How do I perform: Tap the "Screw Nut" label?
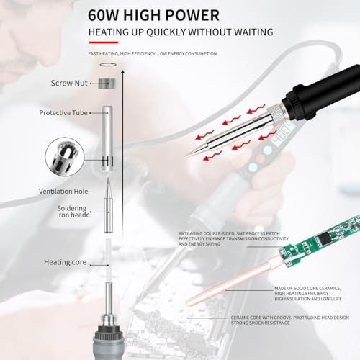click(70, 84)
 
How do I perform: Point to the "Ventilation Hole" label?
click(65, 192)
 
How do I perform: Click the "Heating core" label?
click(65, 262)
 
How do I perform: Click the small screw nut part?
click(107, 84)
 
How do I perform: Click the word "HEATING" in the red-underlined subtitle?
click(112, 32)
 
